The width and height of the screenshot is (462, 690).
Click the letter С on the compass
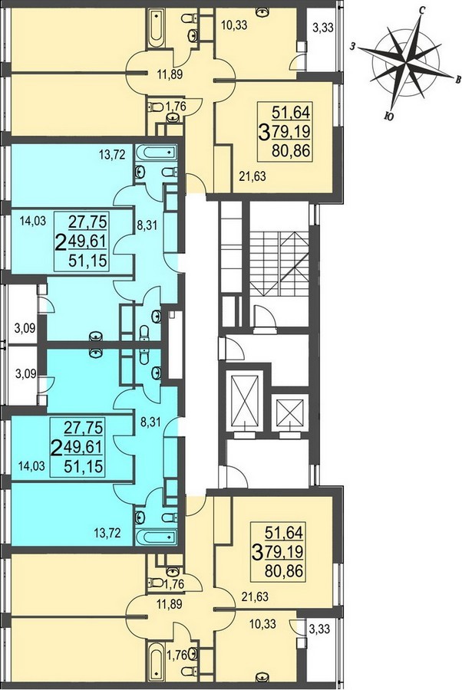tap(421, 11)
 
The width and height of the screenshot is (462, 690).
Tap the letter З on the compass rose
tap(353, 46)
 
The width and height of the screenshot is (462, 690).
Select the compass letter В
tap(458, 79)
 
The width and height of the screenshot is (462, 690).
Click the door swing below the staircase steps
tap(265, 316)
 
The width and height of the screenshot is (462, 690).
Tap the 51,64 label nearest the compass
tap(291, 112)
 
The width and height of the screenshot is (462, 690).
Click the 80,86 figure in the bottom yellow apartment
tap(284, 571)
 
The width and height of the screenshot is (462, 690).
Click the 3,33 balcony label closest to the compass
tap(322, 28)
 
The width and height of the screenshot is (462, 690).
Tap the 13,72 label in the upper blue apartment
tap(112, 154)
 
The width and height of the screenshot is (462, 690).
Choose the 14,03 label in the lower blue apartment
tap(31, 466)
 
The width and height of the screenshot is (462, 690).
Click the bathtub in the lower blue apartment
tap(156, 537)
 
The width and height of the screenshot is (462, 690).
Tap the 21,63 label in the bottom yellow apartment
tap(255, 597)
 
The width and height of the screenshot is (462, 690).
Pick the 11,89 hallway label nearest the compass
tap(170, 75)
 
